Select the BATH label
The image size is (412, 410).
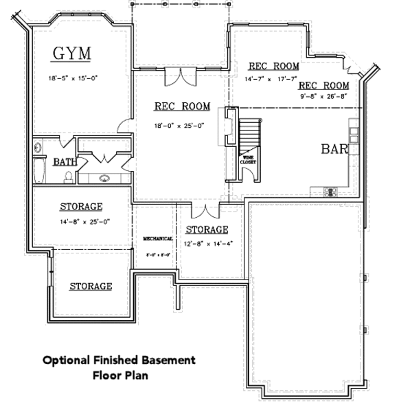(x=65, y=163)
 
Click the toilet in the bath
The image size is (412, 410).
(x=68, y=178)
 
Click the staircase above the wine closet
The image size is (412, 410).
(x=251, y=134)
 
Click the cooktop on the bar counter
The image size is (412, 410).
(x=328, y=192)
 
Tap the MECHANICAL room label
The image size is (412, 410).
(x=157, y=238)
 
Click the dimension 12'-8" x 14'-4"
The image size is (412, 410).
(x=207, y=243)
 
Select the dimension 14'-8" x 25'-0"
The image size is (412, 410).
(x=81, y=221)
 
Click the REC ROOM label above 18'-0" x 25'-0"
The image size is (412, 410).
(x=181, y=106)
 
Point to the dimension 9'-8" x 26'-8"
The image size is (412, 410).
(x=323, y=98)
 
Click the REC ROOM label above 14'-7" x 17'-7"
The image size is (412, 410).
(x=273, y=67)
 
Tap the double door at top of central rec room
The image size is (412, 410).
(x=183, y=76)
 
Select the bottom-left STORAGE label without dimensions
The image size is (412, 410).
(x=91, y=286)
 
